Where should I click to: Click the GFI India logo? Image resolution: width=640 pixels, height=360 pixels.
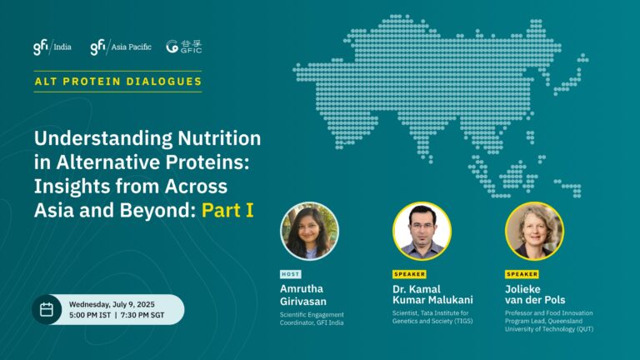point(52,47)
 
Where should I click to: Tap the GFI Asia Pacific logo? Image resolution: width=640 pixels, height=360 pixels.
point(121,47)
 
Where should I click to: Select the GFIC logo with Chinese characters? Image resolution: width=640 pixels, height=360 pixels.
point(184,47)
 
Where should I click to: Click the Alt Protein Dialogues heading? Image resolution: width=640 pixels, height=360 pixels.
point(118,81)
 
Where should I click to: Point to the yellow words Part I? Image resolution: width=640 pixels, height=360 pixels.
point(227,210)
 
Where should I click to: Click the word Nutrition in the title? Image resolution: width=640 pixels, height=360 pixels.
point(219,138)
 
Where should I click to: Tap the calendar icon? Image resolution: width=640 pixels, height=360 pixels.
point(47,309)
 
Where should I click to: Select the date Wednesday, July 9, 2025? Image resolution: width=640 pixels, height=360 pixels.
point(112,304)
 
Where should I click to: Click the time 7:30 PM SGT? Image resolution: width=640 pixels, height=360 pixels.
point(142,315)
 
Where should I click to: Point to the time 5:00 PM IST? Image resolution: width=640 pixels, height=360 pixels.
point(90,315)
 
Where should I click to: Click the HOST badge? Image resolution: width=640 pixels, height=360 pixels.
point(291,274)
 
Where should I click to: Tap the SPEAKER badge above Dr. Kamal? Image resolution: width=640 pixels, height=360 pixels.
point(409,274)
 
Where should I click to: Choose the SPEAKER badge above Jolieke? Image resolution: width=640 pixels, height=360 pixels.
point(522,274)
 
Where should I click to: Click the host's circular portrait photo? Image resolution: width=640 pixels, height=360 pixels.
point(309,231)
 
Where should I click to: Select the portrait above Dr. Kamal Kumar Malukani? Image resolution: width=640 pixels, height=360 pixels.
point(422,231)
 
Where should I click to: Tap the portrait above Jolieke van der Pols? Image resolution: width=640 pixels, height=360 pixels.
point(534,231)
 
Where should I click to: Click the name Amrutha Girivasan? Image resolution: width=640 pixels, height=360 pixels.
point(303,295)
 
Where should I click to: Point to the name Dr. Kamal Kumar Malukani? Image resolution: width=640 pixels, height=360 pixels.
point(432,295)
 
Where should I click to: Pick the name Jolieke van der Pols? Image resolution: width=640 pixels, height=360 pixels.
point(535,295)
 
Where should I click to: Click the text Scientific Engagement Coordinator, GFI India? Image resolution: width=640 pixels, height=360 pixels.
point(312,319)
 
